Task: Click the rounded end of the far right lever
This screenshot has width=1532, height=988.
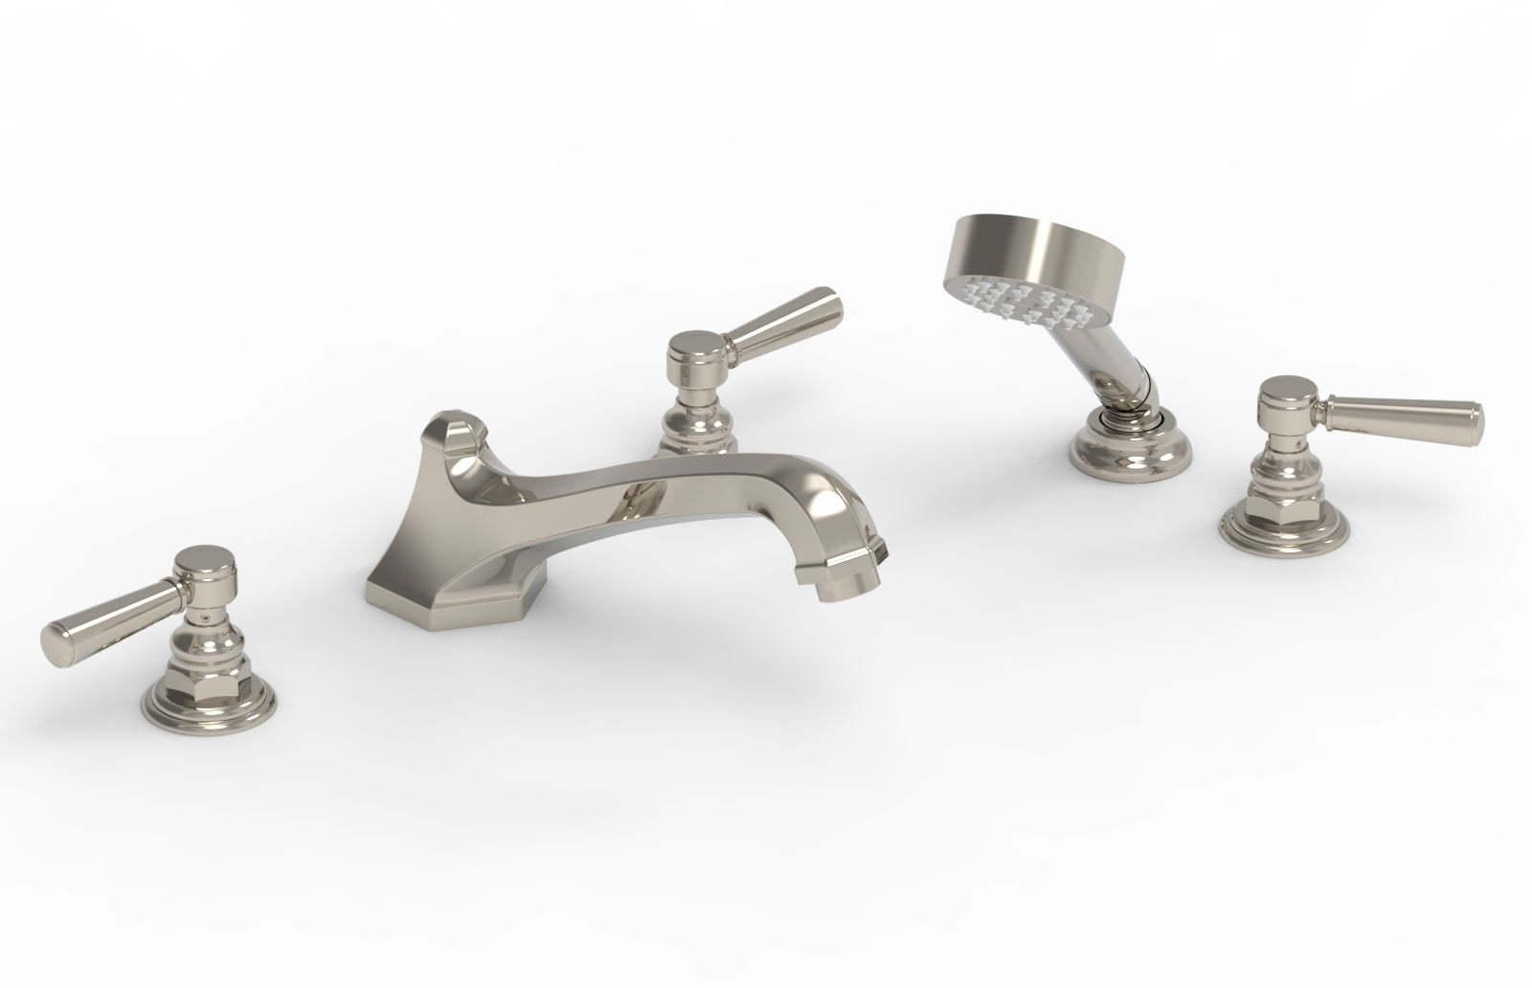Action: click(x=1476, y=419)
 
